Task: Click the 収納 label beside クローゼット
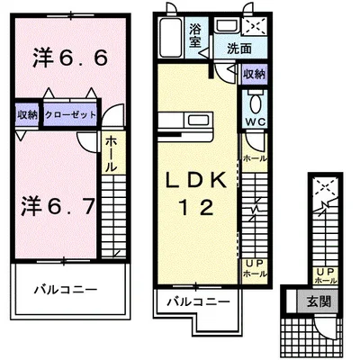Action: [27, 114]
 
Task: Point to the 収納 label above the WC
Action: [255, 75]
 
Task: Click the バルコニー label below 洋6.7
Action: [66, 289]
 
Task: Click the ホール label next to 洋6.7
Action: [110, 154]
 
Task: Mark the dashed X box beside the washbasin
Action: [255, 27]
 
